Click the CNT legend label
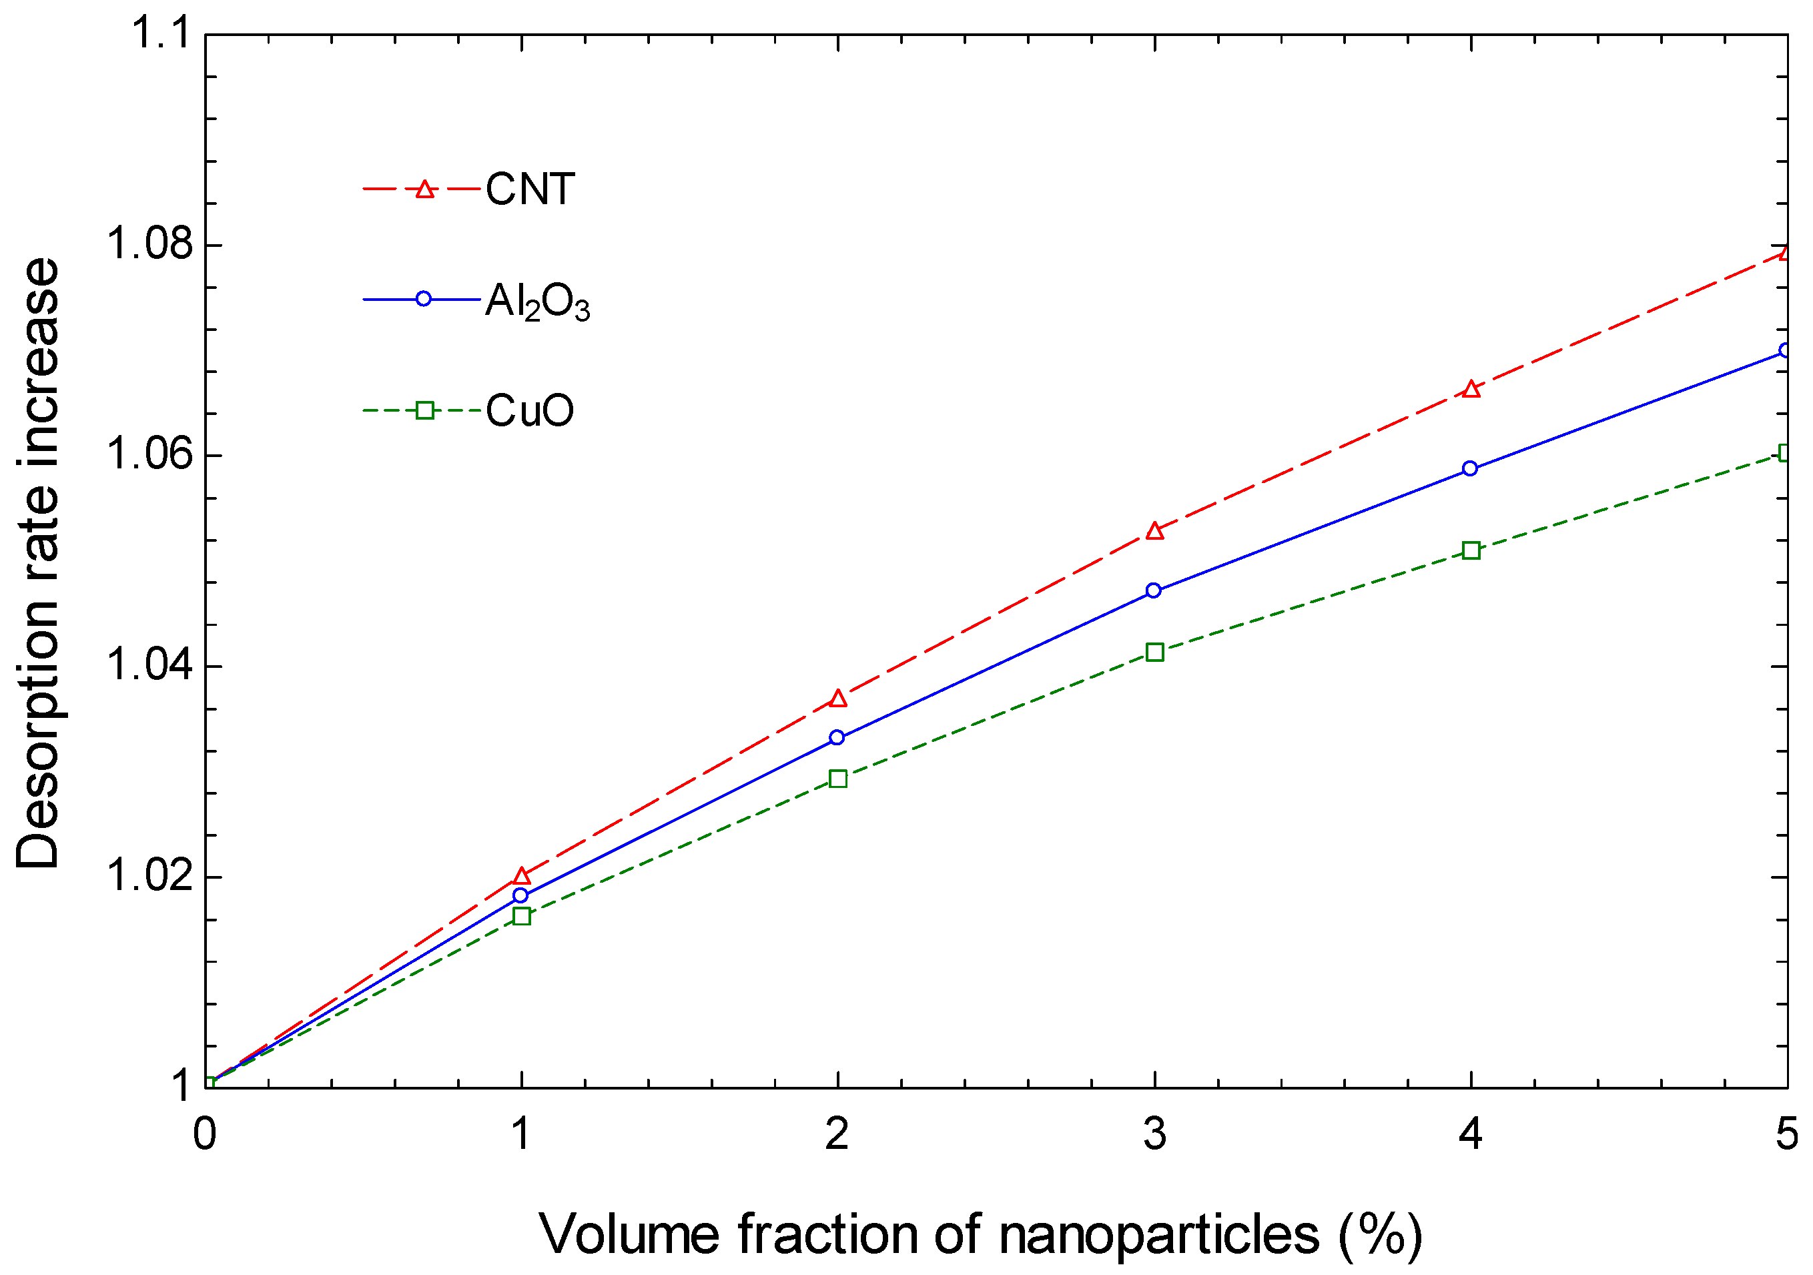(530, 189)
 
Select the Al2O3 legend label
(537, 302)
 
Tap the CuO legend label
(529, 410)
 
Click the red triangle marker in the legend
(425, 189)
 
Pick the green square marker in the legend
(425, 410)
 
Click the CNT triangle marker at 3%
(1154, 531)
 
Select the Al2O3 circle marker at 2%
(837, 737)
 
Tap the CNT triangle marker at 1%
(521, 875)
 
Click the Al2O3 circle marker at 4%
(1469, 469)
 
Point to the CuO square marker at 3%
(1154, 652)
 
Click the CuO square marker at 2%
(839, 779)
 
